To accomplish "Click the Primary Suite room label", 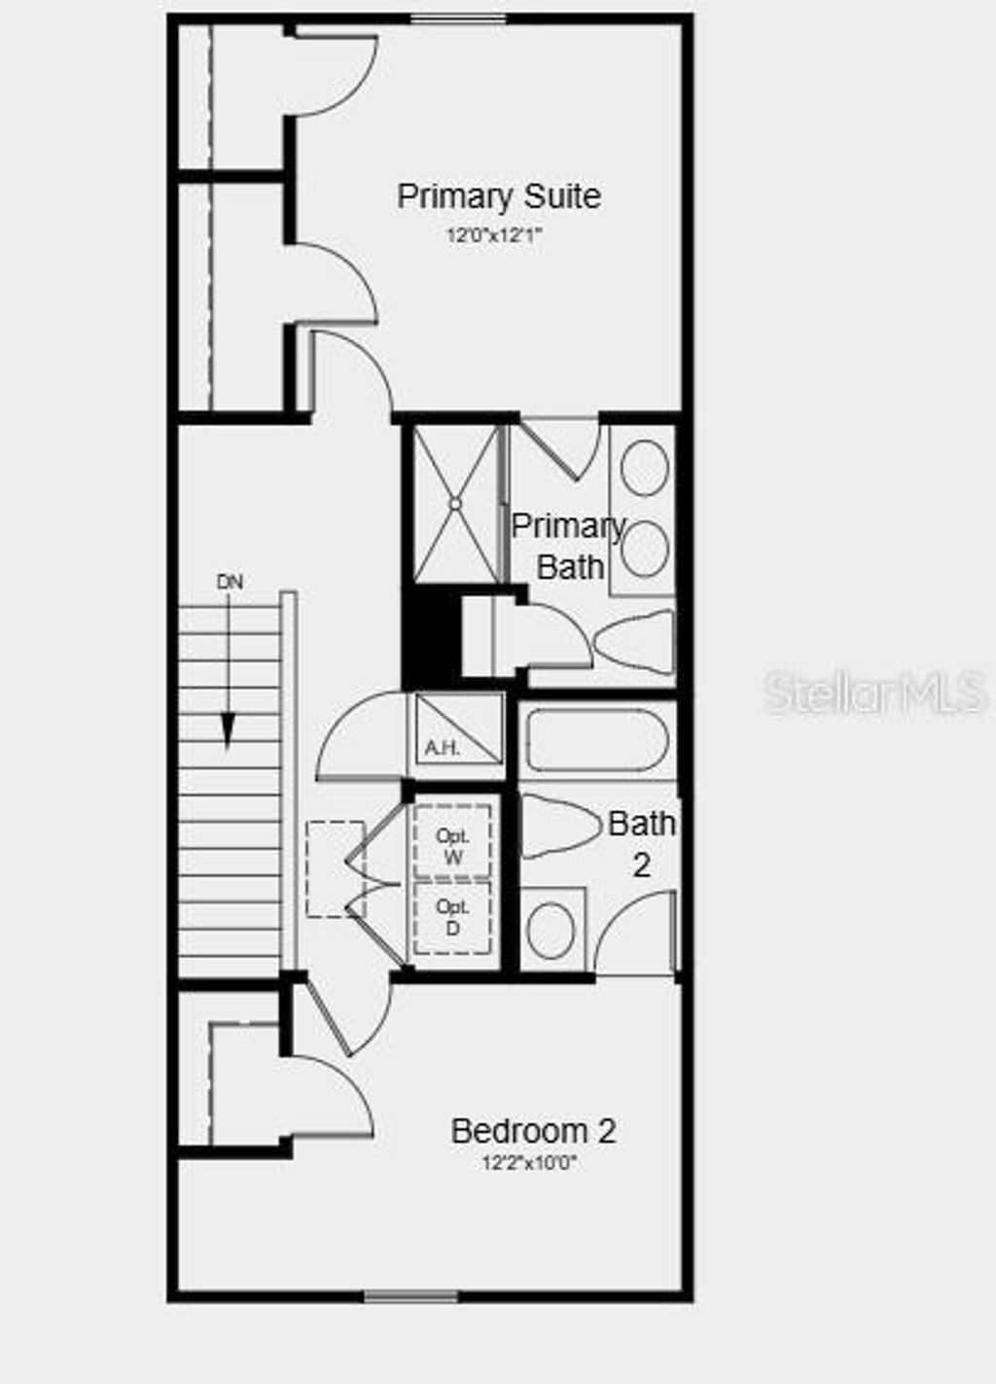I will (498, 196).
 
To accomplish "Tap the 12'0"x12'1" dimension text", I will (493, 235).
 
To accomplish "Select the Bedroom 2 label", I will (533, 1131).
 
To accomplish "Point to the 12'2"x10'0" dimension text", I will (529, 1163).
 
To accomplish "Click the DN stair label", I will (230, 583).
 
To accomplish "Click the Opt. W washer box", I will (452, 843).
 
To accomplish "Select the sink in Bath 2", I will (551, 929).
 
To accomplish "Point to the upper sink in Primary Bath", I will (644, 468).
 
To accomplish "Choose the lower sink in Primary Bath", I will (644, 550).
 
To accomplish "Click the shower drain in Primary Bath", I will (454, 503).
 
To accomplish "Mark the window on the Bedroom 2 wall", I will (410, 1295).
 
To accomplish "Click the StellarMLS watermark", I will (875, 692).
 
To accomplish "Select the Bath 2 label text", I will (641, 843).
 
